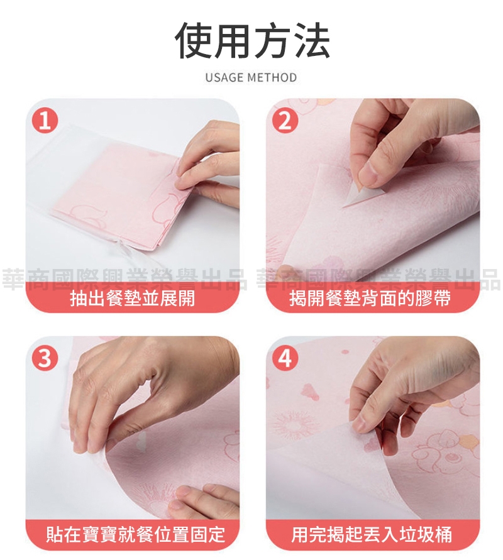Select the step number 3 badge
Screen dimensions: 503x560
pos(45,358)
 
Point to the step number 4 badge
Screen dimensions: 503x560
pos(285,358)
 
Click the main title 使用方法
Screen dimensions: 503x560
pos(251,40)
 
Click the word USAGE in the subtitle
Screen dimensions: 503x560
pos(224,77)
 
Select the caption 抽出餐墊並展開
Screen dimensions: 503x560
pos(133,298)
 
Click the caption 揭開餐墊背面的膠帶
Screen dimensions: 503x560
pos(370,298)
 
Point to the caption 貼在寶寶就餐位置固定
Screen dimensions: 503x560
pos(135,535)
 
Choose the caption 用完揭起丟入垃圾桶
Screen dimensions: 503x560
pos(372,535)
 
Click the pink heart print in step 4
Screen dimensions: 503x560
pos(309,391)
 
